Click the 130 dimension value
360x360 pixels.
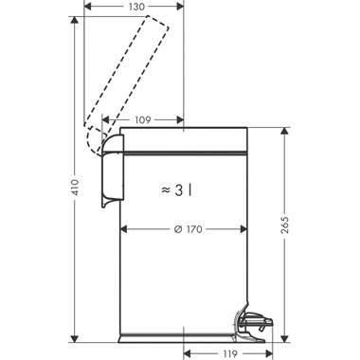tap(136, 7)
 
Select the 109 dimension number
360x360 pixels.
tap(143, 120)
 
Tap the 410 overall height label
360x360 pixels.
tap(75, 188)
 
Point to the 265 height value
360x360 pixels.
tap(285, 225)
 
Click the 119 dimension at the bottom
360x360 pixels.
tap(229, 354)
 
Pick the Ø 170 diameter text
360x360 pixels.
tap(189, 229)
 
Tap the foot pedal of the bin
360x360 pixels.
tap(254, 325)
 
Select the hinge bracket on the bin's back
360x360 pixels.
tap(113, 171)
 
